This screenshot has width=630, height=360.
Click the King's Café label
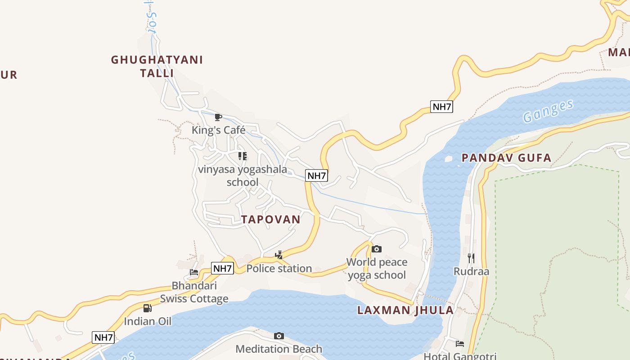coord(219,130)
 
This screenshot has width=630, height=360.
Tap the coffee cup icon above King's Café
coord(218,117)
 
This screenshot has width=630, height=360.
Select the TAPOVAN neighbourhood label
coord(270,220)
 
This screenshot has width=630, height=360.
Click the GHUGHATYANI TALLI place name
coord(157,66)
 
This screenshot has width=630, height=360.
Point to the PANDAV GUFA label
coord(506,158)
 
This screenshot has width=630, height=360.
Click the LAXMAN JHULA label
coord(405,310)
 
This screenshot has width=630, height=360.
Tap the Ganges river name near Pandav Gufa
coord(548,111)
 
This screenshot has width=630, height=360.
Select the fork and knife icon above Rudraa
coord(471,258)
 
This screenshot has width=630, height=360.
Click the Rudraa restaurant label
coord(471,271)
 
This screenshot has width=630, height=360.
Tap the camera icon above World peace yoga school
coord(377,249)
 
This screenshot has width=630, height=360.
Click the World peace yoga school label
coord(377,269)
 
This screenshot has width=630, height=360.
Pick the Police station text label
coord(279,269)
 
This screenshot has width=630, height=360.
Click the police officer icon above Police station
coord(279,255)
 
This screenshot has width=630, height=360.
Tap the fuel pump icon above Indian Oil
coord(147,308)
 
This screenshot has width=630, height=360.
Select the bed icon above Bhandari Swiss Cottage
coord(194,272)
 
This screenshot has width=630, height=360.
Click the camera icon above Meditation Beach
coord(279,336)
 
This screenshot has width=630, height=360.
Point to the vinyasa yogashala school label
coord(243,175)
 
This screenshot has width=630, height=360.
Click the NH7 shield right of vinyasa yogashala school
coord(316,175)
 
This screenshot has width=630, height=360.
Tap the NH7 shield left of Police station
coord(222,269)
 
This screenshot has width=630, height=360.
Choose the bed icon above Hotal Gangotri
coord(459,344)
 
